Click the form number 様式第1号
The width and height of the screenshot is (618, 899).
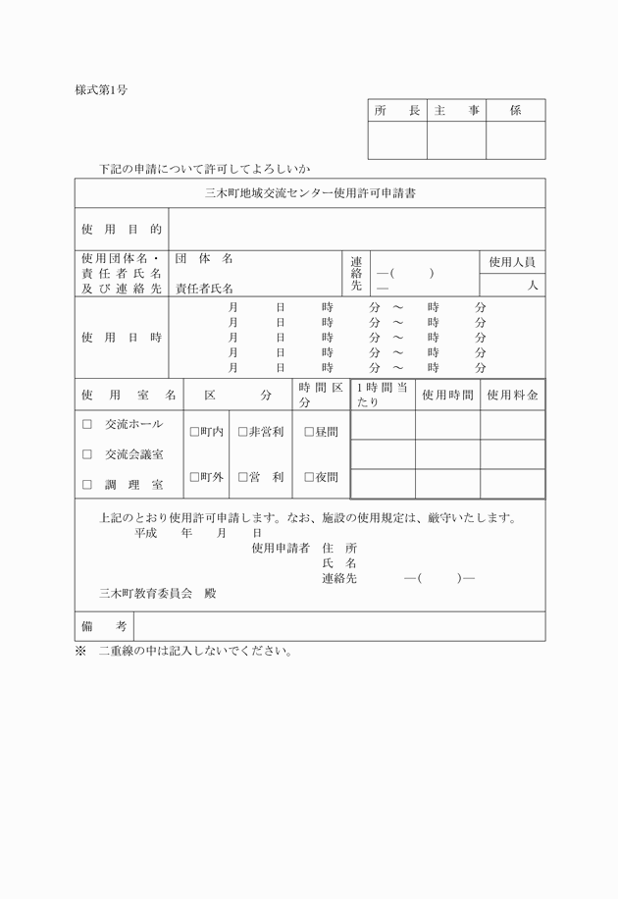click(x=101, y=89)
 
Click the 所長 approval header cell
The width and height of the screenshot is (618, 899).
click(x=397, y=111)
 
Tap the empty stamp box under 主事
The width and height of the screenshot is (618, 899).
click(x=457, y=140)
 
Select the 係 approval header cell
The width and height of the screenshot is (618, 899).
click(x=515, y=111)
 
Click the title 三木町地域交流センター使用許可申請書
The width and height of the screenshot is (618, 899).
click(x=310, y=193)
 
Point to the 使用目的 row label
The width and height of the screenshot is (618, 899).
click(x=122, y=229)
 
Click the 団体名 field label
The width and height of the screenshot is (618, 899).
click(x=204, y=259)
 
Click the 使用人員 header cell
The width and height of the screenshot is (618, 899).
click(x=512, y=261)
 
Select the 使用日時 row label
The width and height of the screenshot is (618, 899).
click(x=122, y=338)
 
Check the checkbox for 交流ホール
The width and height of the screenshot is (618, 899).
click(x=87, y=425)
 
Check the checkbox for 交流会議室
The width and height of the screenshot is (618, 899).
click(x=87, y=454)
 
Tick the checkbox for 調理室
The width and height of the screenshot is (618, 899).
click(x=87, y=484)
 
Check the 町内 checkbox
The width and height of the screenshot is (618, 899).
click(x=194, y=432)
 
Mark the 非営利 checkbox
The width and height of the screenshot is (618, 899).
click(x=243, y=432)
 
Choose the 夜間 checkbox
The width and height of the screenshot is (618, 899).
click(x=309, y=477)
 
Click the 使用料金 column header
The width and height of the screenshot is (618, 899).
click(x=512, y=395)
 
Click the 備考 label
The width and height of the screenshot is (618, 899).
click(x=104, y=626)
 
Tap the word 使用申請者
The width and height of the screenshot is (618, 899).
click(x=281, y=548)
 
